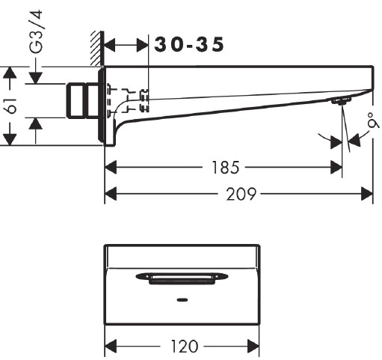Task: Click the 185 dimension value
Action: tap(226, 168)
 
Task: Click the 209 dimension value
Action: tap(241, 194)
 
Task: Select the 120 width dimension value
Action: tap(185, 347)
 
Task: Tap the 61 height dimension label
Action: tap(12, 106)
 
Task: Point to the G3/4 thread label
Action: tap(36, 31)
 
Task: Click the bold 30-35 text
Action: tap(189, 45)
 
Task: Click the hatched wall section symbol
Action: tap(97, 49)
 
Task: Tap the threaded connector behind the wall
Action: tap(82, 100)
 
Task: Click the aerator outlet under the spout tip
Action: tap(341, 100)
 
